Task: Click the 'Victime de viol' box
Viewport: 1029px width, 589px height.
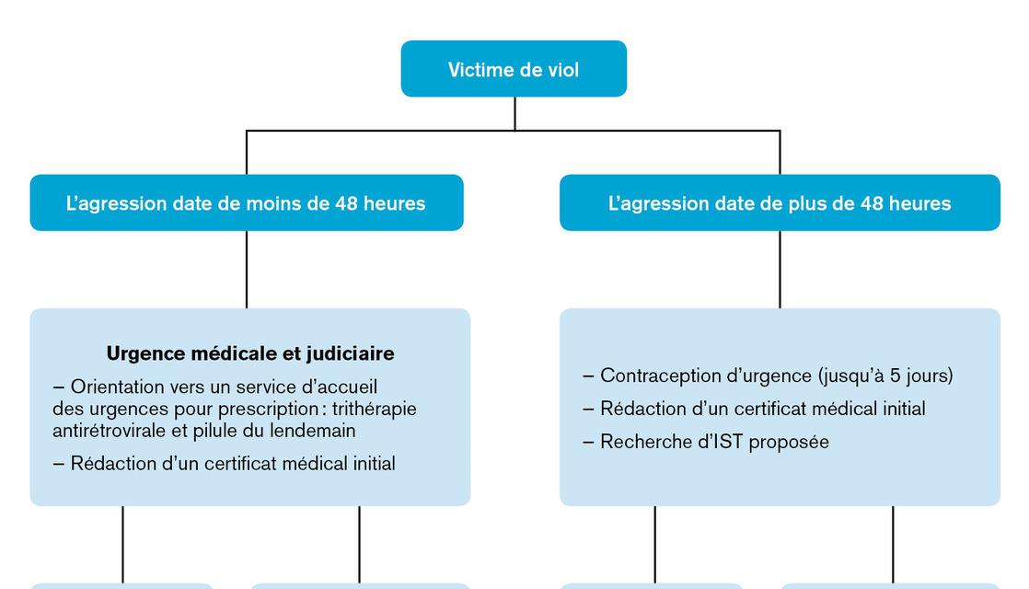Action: tap(514, 69)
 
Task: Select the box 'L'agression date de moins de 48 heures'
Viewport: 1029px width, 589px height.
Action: tap(246, 202)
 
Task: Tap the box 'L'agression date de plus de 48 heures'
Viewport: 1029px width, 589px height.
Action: tap(780, 202)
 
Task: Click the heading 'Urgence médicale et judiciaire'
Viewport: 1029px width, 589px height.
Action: tap(250, 352)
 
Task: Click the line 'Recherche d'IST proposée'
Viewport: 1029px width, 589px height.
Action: tap(706, 442)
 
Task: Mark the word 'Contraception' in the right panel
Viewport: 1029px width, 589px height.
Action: tap(656, 375)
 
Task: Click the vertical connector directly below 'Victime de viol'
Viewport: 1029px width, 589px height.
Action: tap(514, 113)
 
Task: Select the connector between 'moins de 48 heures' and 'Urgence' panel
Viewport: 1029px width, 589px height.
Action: tap(246, 269)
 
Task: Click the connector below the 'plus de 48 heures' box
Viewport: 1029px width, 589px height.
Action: tap(780, 269)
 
